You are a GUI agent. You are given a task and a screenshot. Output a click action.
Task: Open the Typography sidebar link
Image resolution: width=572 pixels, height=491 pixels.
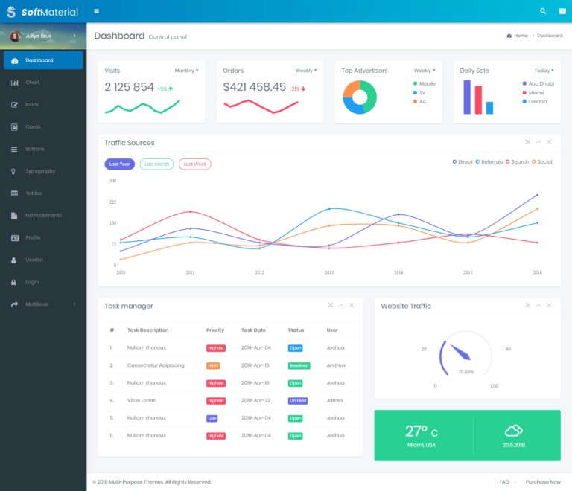(40, 171)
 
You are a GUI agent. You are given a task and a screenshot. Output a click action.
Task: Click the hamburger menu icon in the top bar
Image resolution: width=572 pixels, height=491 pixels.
(97, 11)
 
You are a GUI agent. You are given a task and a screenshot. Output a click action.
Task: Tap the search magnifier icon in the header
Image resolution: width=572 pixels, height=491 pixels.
(543, 11)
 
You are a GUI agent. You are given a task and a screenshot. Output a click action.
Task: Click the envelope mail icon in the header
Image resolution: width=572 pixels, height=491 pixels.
(562, 11)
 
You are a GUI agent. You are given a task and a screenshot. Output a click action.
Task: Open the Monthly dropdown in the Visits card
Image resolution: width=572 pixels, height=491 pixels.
(186, 71)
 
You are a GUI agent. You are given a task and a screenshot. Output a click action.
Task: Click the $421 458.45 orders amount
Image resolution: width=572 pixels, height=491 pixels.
(254, 87)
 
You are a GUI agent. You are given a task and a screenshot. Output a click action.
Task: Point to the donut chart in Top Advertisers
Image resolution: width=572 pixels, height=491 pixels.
(360, 97)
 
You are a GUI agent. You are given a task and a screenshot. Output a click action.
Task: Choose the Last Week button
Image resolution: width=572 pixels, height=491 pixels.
(194, 164)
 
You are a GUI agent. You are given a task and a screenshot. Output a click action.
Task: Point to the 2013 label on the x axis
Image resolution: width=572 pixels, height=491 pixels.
(329, 273)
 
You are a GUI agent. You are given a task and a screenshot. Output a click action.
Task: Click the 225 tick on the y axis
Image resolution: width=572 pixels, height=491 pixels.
(112, 202)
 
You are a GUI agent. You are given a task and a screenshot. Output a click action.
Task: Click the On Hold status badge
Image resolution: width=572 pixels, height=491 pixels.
(298, 400)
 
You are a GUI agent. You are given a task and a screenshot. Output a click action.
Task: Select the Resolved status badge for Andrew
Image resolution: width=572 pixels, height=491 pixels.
(299, 365)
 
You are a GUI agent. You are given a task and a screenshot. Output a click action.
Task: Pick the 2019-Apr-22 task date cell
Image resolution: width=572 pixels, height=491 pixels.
(256, 400)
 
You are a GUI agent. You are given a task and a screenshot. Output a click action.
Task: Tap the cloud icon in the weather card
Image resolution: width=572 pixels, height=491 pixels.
(513, 430)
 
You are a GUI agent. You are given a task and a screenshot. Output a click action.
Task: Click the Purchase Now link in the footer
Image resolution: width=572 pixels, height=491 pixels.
(543, 482)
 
